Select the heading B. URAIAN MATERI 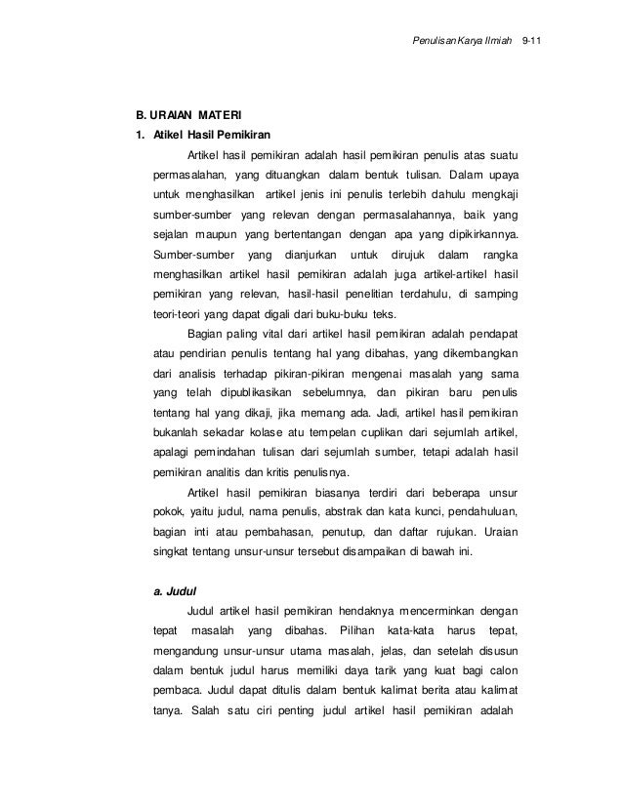[x=188, y=113]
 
